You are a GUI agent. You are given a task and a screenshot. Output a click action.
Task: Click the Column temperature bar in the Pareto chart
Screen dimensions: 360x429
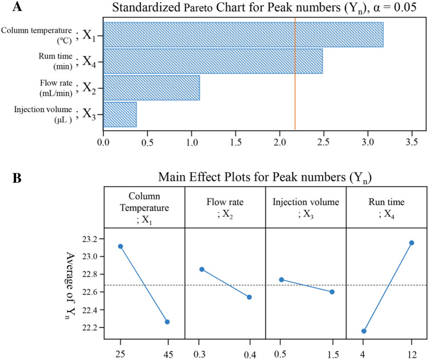243,35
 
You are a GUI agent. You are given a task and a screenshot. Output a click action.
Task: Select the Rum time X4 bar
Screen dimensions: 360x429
212,61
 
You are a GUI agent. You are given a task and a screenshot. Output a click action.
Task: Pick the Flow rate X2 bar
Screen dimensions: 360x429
151,88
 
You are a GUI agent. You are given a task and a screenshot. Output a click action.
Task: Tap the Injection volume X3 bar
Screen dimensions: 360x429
120,114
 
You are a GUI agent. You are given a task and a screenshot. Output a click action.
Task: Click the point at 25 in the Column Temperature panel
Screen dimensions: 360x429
120,246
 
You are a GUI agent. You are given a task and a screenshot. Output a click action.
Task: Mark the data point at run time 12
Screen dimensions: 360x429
411,243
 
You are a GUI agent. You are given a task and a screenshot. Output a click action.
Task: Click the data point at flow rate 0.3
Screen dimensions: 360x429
202,269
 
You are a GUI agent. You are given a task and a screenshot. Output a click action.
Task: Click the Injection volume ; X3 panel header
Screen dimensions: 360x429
306,205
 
